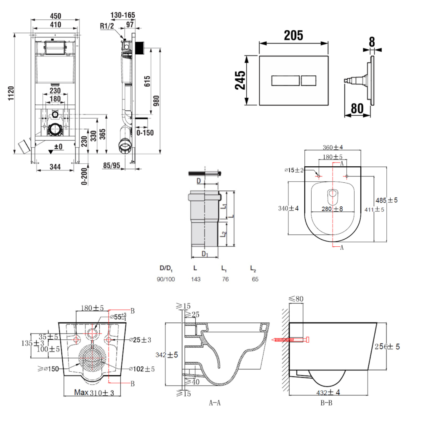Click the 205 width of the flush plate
coord(293,36)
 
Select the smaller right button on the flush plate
coord(309,80)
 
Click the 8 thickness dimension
coord(372,41)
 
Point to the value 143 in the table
coord(196,279)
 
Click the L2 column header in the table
coord(253,268)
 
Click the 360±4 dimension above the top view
coord(333,147)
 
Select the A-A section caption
coord(215,403)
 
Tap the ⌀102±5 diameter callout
coord(142,369)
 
